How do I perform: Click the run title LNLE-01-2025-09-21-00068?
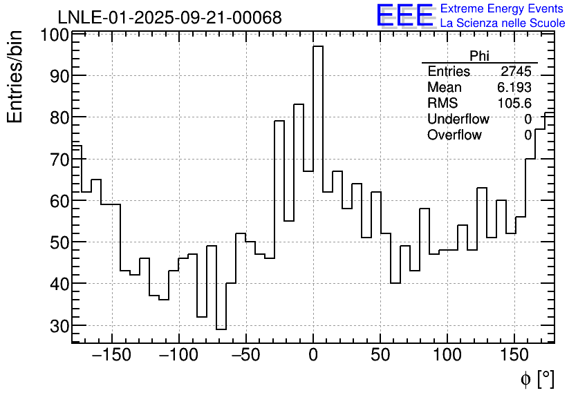click(169, 17)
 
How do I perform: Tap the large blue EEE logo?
click(405, 15)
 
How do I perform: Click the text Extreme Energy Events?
click(503, 9)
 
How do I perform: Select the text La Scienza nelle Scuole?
click(503, 23)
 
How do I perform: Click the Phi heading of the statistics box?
click(479, 56)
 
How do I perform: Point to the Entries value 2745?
click(516, 72)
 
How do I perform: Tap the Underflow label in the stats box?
click(458, 119)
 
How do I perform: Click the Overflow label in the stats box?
click(454, 135)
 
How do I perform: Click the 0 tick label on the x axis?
click(313, 356)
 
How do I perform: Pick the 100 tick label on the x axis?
click(447, 356)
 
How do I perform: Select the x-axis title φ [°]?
click(537, 378)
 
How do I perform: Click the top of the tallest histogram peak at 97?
click(318, 47)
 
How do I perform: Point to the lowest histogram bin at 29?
click(221, 329)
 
